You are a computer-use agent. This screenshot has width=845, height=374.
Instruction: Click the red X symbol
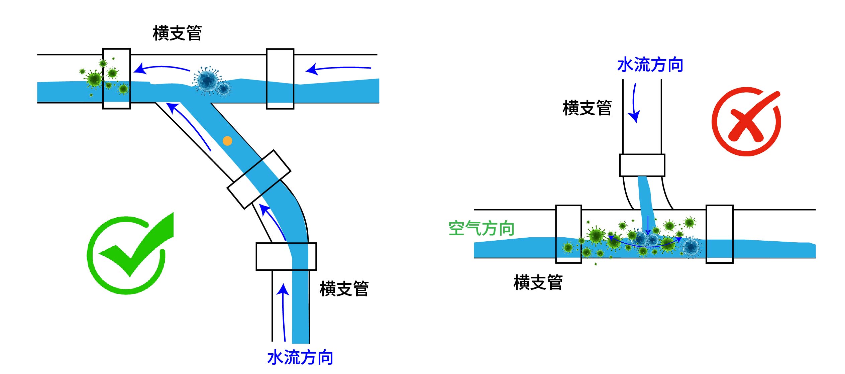coord(746,122)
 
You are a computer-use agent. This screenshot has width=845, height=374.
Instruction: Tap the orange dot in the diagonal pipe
coord(227,141)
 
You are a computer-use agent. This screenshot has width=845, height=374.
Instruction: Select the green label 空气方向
coord(481,229)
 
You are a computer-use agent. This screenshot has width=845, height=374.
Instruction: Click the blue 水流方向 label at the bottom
coord(300,358)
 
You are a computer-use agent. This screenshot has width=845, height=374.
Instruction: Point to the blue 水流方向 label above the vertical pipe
coord(650,65)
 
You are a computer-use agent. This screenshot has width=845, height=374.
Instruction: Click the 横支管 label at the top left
coord(177,33)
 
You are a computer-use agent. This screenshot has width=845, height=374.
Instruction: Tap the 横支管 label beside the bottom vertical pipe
coord(344,289)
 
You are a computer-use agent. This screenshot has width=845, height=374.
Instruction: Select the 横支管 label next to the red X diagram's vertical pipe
coord(587,108)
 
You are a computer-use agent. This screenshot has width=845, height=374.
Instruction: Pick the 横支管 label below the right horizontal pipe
coord(538,283)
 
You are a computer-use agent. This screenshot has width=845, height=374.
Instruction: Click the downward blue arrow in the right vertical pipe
coord(634,104)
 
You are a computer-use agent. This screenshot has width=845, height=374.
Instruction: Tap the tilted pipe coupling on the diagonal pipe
coord(259,179)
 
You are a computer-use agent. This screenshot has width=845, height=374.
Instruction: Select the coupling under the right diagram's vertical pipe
coord(642,165)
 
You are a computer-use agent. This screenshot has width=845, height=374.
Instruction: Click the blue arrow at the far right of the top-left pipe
coord(338,69)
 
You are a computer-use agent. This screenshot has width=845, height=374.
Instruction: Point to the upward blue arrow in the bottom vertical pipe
coord(284,311)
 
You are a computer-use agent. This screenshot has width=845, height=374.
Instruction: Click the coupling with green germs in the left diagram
coord(116,79)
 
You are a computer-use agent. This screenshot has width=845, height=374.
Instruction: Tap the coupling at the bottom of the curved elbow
coord(286,256)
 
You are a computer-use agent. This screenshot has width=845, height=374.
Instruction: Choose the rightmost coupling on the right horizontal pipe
coord(720,234)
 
